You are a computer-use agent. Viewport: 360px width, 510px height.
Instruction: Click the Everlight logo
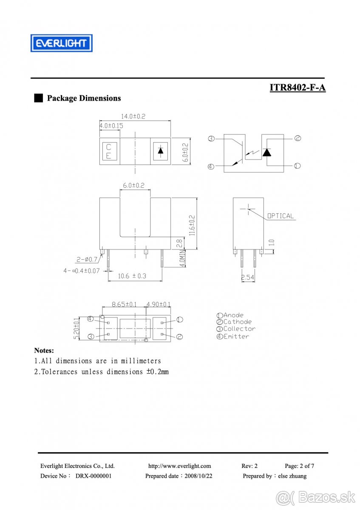point(61,43)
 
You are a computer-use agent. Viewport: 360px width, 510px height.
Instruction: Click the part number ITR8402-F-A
point(297,88)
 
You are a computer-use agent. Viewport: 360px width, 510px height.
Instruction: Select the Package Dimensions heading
point(83,98)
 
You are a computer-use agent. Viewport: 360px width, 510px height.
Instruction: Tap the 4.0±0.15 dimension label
point(111,126)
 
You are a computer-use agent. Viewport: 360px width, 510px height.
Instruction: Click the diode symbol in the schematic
point(267,152)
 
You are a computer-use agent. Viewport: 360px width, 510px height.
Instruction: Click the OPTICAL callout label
point(281,216)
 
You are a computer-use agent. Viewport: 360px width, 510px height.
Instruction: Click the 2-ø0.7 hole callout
point(87,259)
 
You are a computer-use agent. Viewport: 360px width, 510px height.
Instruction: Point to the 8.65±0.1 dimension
point(124,304)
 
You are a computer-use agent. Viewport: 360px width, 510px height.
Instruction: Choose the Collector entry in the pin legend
point(236,329)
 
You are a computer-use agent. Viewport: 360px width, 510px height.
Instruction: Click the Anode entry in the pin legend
point(230,315)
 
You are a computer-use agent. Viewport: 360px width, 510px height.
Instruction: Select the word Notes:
point(44,351)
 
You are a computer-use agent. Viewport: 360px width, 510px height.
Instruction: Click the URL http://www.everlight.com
point(179,466)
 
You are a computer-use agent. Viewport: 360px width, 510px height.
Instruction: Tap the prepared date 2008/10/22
point(198,476)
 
